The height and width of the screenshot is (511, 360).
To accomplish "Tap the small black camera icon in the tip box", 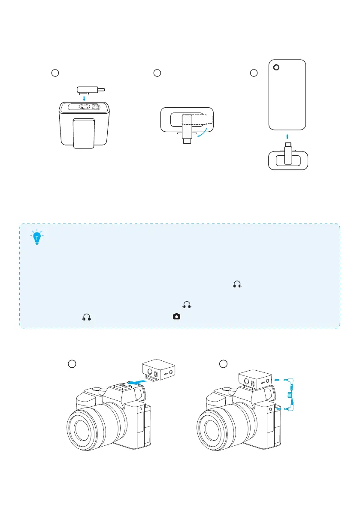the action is pyautogui.click(x=176, y=316).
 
